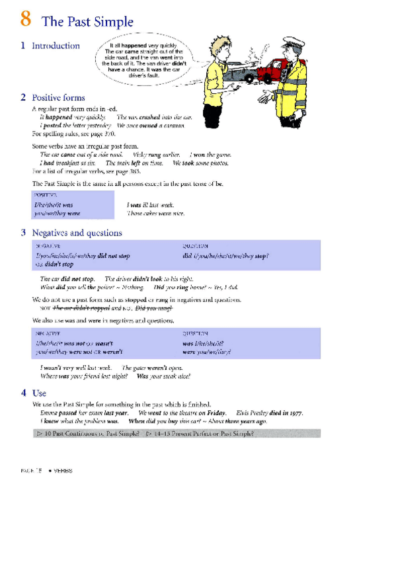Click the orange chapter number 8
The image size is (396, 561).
(x=26, y=20)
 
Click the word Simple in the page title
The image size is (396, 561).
(x=114, y=22)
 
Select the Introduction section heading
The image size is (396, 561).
(x=56, y=46)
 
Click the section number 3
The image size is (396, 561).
(x=23, y=233)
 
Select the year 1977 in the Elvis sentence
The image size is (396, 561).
(x=296, y=413)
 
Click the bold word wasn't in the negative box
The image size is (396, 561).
(x=104, y=344)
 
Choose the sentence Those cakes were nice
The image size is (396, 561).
(x=155, y=213)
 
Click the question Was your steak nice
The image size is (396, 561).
(x=163, y=376)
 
